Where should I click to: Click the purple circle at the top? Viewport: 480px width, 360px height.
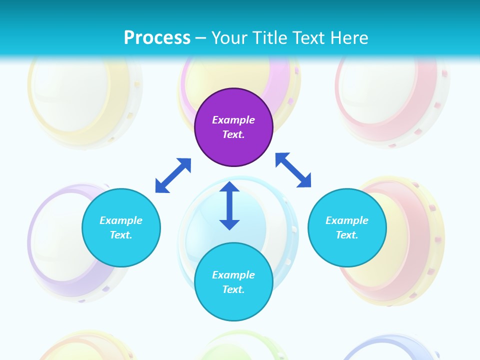click(233, 127)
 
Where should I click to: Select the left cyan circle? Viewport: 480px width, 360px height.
click(121, 227)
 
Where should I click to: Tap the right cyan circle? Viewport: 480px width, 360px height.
click(347, 227)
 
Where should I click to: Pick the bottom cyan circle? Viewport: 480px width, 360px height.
click(233, 282)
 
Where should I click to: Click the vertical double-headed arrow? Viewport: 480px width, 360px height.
click(229, 205)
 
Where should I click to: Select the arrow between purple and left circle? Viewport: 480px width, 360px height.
click(173, 175)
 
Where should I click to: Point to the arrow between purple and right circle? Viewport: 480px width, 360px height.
click(293, 170)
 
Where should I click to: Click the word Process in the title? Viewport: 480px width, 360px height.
click(157, 37)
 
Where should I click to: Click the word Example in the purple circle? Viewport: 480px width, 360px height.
click(233, 120)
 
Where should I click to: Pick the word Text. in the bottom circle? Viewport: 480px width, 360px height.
click(233, 289)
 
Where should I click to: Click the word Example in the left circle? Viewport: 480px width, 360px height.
click(121, 220)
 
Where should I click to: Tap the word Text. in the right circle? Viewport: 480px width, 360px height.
click(347, 235)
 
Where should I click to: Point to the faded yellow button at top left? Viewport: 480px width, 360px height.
click(82, 97)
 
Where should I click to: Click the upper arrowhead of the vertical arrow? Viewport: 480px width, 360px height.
click(229, 187)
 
